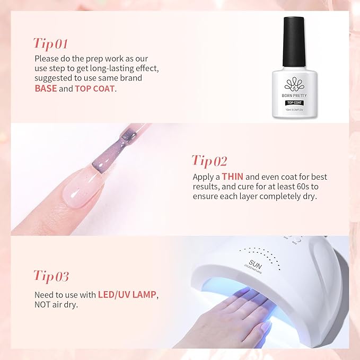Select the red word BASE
point(46,89)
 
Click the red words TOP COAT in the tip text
point(94,89)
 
